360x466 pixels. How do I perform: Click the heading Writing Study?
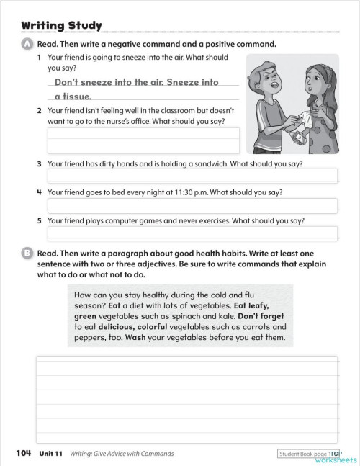[61, 27]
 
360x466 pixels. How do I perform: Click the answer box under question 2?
[143, 140]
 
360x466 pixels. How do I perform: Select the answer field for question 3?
[192, 176]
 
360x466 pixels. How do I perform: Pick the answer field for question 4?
[192, 205]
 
